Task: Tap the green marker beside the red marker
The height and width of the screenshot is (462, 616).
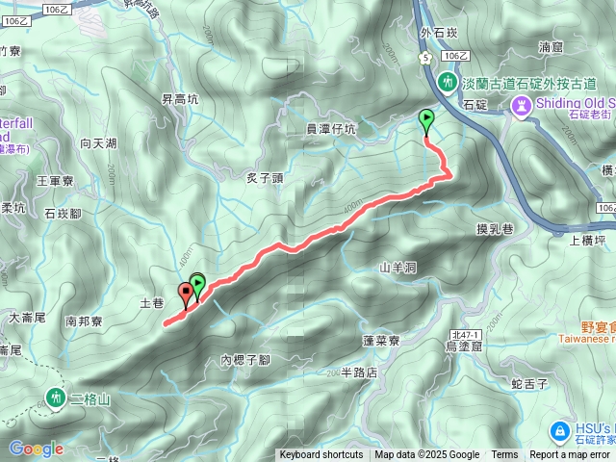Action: tap(197, 284)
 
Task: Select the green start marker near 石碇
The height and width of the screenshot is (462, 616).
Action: tap(426, 120)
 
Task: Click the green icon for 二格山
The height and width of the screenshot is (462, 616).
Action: tap(55, 397)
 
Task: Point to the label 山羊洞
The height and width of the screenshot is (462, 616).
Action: tap(397, 268)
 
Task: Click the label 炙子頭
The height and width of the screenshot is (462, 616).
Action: tap(265, 177)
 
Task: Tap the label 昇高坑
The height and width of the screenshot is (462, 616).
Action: tap(179, 98)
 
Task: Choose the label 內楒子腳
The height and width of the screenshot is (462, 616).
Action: tap(244, 360)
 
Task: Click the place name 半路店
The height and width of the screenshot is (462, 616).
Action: tap(359, 372)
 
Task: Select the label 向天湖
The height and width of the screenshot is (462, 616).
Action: tap(98, 143)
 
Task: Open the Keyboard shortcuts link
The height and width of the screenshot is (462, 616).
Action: tap(321, 455)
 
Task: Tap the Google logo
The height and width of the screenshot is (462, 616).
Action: tap(36, 449)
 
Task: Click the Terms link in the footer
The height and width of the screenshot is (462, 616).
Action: tap(504, 455)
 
